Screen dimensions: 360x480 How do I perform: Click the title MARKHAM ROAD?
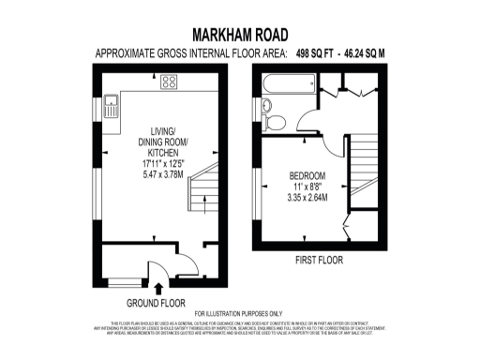[x=240, y=35]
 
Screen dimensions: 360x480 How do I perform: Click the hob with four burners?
[x=170, y=82]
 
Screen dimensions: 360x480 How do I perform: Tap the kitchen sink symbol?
[x=112, y=104]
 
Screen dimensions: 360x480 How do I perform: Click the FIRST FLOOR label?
[x=318, y=259]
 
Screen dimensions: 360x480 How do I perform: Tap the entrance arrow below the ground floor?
[x=157, y=288]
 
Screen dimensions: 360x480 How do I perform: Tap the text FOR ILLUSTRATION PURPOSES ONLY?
[x=239, y=313]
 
